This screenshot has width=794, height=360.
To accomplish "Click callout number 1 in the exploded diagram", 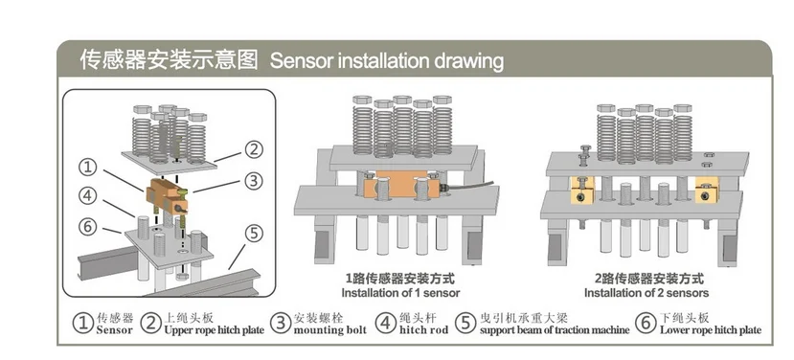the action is [x=89, y=167].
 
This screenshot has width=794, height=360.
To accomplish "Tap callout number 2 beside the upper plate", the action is [x=254, y=150].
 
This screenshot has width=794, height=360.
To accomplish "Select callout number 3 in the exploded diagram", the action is [x=254, y=181].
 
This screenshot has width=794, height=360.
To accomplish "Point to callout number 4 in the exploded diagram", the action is [x=89, y=195].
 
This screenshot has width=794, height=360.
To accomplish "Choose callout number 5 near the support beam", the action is [x=254, y=234].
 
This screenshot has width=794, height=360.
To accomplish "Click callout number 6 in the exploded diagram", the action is [x=89, y=226].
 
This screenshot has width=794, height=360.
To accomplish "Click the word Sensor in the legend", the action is [x=114, y=330].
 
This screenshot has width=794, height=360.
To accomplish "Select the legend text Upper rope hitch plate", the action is [x=215, y=330].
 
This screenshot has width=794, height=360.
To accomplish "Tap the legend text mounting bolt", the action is [x=330, y=330].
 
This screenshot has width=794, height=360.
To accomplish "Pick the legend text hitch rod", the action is [x=424, y=330].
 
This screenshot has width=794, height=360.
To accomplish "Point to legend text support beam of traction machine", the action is [x=555, y=330].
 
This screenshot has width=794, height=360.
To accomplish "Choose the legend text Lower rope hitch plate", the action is [x=711, y=330].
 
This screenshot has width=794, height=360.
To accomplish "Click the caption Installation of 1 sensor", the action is [x=400, y=293].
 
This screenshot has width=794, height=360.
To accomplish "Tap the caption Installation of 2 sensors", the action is [x=647, y=293].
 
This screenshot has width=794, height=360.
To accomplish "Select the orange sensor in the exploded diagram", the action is [x=167, y=196].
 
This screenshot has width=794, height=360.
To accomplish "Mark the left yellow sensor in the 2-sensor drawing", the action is [x=582, y=190].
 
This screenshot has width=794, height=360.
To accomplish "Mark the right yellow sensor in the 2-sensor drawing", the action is [x=707, y=190].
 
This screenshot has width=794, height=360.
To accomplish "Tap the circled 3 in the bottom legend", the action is [x=281, y=324].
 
